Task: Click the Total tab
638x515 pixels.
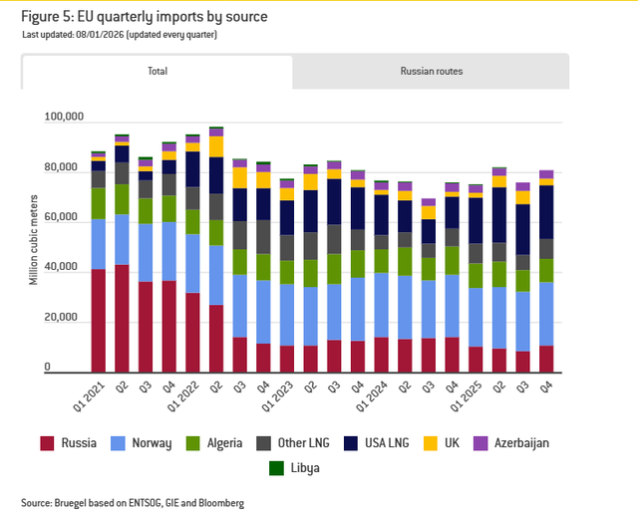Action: pos(157,72)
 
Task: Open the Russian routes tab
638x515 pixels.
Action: pos(431,72)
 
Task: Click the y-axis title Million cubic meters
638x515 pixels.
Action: pos(33,243)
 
